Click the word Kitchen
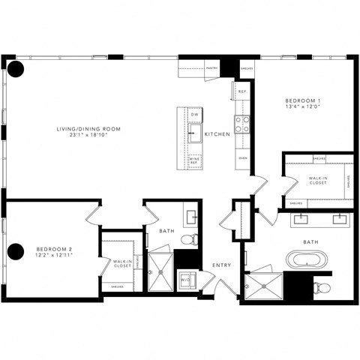pos(217,133)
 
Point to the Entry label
pos(221,265)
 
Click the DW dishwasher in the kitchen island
pos(194,115)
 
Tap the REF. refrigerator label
pos(242,92)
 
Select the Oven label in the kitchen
pos(242,158)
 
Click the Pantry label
pos(212,66)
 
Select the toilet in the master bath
pos(321,287)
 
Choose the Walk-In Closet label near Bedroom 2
pos(122,262)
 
